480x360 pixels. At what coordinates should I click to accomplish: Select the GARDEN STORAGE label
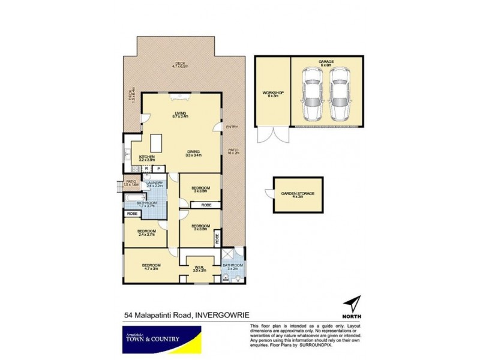click(x=298, y=195)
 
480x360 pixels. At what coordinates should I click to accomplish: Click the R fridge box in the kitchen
click(x=146, y=170)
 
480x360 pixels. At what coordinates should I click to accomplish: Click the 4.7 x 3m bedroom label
click(x=151, y=267)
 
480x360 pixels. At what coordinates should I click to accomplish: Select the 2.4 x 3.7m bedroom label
click(x=146, y=232)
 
